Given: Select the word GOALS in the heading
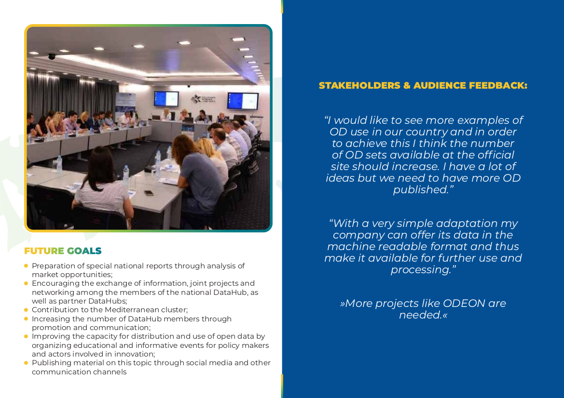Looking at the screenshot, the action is pos(84,251).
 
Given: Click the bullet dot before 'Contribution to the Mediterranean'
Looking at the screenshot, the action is pos(26,310).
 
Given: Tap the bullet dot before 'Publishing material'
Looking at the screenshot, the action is pos(26,363).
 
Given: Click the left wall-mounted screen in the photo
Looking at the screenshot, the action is pos(166,98).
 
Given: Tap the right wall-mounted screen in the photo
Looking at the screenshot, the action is pos(243,101).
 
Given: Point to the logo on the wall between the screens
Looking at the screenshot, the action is pos(204,99).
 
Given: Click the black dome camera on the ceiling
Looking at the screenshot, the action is pos(52,56).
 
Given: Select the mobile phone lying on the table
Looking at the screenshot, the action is pos(149,193).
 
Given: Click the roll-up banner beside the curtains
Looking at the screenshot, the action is pos(125,105).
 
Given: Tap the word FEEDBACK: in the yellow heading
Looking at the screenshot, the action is pos(498,85).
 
